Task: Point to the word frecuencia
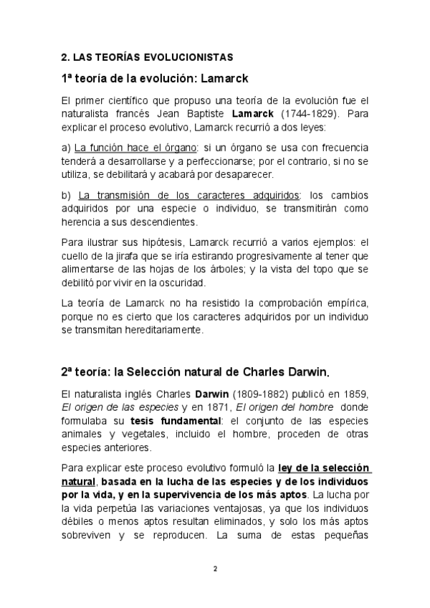tap(340, 148)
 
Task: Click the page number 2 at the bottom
tap(215, 569)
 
